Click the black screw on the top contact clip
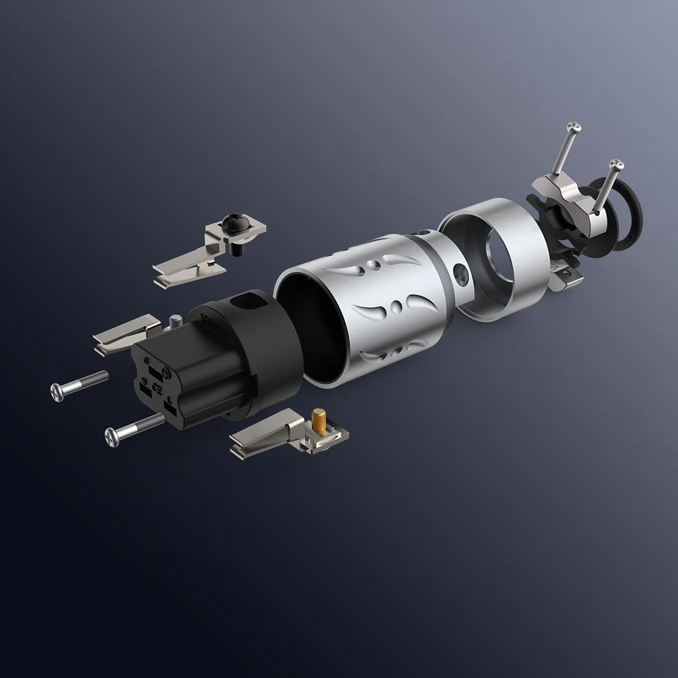(232, 222)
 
